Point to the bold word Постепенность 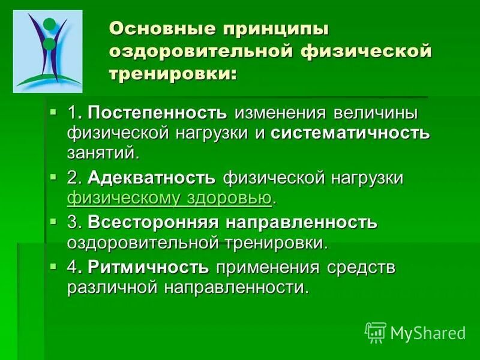(157, 113)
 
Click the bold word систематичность (350, 133)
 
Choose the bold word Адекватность (151, 178)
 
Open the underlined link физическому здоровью (170, 197)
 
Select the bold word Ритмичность (148, 267)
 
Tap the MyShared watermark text (428, 332)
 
